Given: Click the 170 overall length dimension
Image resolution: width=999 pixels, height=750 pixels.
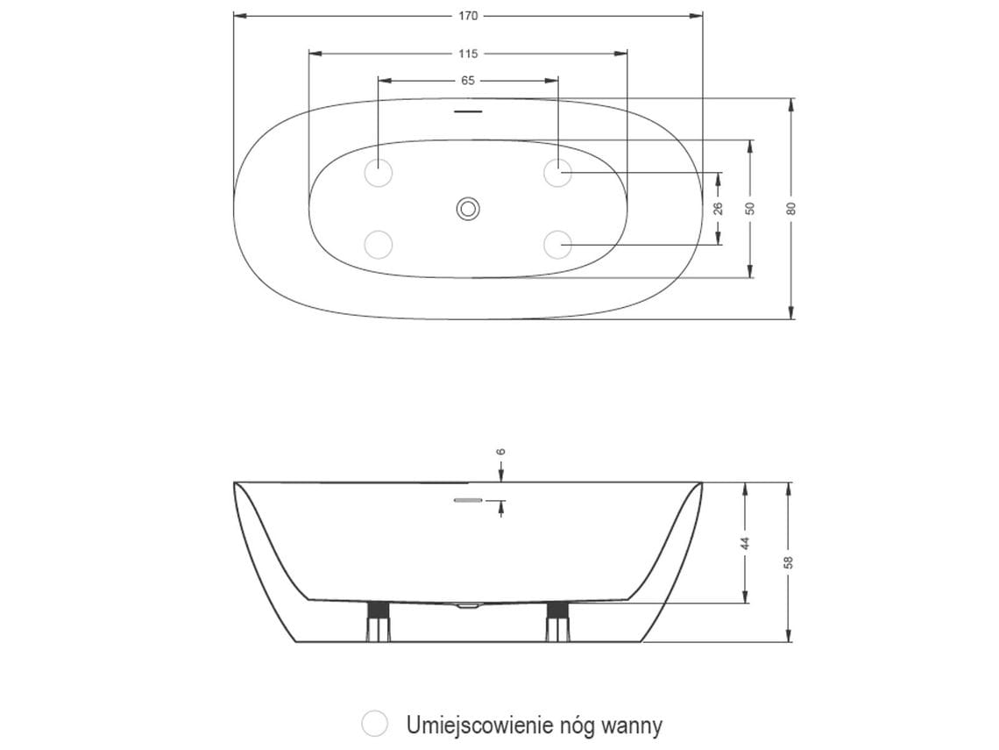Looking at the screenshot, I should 467,16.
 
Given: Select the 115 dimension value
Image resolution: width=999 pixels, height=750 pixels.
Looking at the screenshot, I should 468,54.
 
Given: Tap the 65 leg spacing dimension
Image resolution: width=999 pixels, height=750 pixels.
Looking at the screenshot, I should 467,80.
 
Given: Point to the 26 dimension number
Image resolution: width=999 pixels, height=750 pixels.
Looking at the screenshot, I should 718,208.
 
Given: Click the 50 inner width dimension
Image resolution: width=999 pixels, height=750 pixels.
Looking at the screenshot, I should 750,208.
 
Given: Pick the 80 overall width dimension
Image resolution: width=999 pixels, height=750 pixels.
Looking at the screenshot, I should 790,208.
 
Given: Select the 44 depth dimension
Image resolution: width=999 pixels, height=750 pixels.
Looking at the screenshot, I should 746,543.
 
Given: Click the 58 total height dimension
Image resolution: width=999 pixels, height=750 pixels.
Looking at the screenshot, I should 789,561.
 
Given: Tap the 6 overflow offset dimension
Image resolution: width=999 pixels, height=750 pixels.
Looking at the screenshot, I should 501,452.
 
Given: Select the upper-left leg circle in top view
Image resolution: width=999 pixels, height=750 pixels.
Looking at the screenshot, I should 379,173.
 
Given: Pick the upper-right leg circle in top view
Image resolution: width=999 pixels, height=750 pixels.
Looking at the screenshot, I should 557,173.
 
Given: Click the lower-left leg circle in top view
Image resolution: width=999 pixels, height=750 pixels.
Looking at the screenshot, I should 379,244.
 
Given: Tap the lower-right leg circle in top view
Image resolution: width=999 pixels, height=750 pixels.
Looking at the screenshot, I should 557,244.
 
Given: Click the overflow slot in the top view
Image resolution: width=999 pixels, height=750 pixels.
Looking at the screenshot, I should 468,112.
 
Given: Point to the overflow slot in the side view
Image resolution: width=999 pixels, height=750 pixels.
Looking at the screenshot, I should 468,501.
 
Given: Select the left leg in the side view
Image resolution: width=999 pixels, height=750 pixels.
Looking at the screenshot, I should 378,621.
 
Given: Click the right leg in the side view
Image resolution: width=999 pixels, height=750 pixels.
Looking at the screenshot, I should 558,621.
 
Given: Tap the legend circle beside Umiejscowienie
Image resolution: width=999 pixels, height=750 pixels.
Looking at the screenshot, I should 375,724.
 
